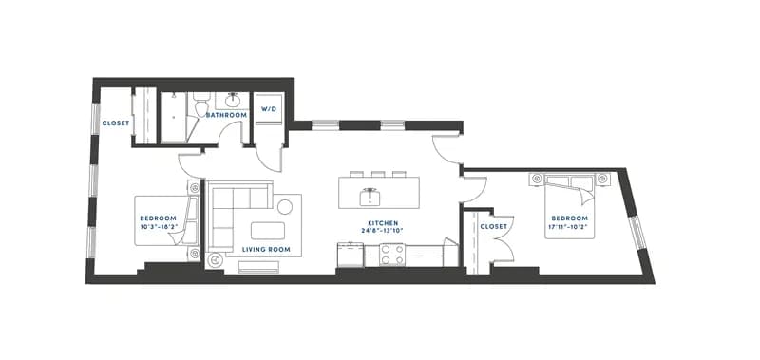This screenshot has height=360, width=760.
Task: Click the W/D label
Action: click(269, 109)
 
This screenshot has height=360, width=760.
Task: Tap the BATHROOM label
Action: click(226, 115)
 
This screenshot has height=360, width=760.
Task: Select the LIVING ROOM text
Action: click(266, 250)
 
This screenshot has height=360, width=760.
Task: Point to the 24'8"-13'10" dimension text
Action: click(383, 231)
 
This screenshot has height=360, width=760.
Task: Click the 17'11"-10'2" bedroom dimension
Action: click(569, 226)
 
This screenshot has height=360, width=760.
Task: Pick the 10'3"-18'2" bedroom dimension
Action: click(158, 226)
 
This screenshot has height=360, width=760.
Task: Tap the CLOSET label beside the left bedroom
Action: click(116, 123)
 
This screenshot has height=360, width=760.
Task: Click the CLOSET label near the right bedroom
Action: click(494, 227)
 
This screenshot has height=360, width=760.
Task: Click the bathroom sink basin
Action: click(233, 101)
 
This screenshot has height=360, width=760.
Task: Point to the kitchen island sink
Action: click(370, 197)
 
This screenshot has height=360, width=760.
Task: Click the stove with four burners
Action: click(392, 255)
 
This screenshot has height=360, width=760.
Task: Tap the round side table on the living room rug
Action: click(285, 207)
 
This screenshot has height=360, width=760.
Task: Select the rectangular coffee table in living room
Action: click(268, 231)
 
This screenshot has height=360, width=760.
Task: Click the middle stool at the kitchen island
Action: click(378, 174)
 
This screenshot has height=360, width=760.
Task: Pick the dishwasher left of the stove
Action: click(351, 255)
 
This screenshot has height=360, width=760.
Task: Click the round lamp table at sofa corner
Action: click(215, 260)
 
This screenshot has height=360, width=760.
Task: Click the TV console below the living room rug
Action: click(258, 267)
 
